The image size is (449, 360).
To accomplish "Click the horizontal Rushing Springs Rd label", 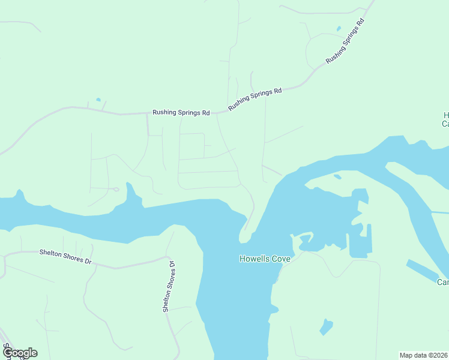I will pyautogui.click(x=181, y=112).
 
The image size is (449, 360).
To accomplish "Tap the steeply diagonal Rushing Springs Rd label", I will pyautogui.click(x=345, y=41).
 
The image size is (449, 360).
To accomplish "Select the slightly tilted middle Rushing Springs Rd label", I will pyautogui.click(x=255, y=99).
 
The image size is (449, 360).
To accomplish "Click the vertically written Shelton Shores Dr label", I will pyautogui.click(x=168, y=286).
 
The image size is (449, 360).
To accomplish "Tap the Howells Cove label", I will pyautogui.click(x=265, y=259).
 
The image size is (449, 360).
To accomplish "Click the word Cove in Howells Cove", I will pyautogui.click(x=280, y=259).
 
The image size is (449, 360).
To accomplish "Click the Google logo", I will pyautogui.click(x=19, y=353).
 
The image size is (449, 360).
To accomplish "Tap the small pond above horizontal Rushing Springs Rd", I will pyautogui.click(x=98, y=100).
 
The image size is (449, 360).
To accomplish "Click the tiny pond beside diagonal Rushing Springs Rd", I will pyautogui.click(x=339, y=28).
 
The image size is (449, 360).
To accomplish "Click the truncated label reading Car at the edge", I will pyautogui.click(x=443, y=283).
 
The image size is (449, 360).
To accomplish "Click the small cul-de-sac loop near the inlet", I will pyautogui.click(x=116, y=190).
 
